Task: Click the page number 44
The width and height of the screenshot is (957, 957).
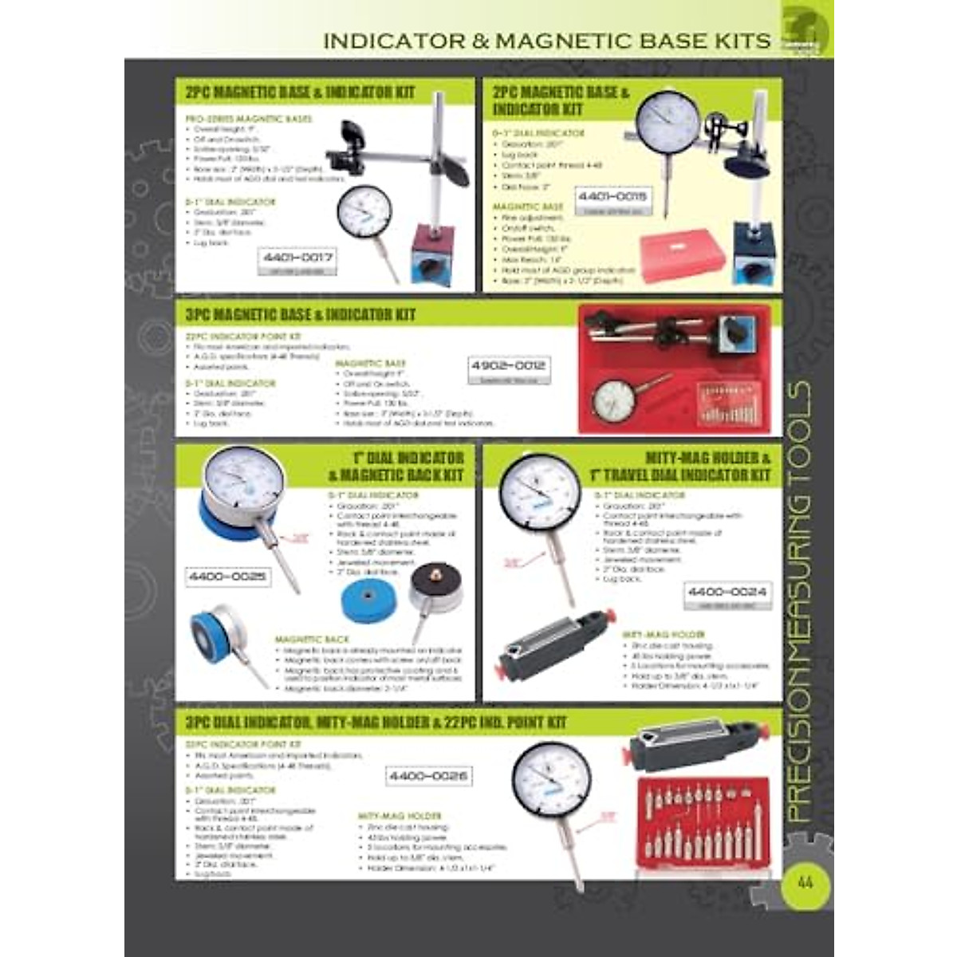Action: coord(804,883)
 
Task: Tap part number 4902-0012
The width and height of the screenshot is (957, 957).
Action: coord(508,365)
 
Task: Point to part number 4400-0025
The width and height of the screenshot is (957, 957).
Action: coord(227,576)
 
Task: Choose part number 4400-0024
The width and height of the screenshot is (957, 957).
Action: coord(727,592)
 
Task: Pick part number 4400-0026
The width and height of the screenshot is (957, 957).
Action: coord(428,775)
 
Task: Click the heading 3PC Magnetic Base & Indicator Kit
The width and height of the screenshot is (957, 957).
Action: coord(300,314)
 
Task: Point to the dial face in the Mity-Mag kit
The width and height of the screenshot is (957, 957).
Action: coord(536,488)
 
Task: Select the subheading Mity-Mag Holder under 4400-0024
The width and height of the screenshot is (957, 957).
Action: coord(654,636)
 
